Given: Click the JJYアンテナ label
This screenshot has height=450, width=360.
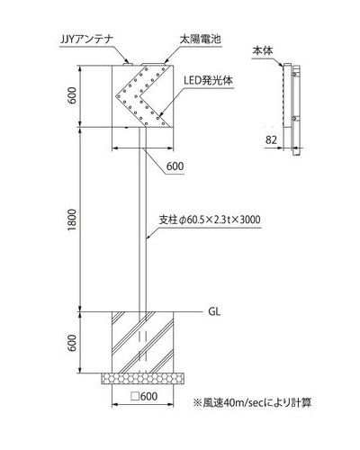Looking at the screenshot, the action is click(85, 40).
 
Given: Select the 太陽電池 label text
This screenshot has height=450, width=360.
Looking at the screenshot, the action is click(201, 40).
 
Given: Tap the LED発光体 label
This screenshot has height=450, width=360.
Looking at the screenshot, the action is click(209, 81).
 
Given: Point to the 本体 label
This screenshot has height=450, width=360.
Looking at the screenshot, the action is click(263, 51).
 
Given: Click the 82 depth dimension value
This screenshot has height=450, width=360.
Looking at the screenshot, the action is click(271, 139).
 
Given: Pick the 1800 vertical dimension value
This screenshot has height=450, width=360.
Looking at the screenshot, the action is click(72, 220).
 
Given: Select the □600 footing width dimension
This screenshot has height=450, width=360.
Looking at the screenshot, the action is click(144, 396).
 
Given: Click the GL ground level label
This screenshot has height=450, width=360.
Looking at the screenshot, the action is click(214, 311).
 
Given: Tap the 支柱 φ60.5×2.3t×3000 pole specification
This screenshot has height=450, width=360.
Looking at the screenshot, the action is click(210, 220).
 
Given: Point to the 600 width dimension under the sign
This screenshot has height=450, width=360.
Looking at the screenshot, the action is click(175, 166).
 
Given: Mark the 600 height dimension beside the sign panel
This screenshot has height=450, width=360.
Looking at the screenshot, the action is click(72, 95).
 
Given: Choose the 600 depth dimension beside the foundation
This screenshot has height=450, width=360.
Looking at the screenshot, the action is click(72, 343).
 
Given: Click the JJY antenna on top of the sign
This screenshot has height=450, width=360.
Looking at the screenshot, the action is click(128, 63).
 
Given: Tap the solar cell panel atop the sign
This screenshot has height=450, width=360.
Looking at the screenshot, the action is click(154, 64).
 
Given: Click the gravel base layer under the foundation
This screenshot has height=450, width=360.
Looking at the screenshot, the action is click(142, 379).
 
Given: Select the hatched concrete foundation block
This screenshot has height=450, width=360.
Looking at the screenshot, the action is click(143, 343).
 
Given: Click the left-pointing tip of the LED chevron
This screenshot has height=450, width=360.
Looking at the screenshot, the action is click(116, 96).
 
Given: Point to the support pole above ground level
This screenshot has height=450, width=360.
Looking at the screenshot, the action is click(143, 220).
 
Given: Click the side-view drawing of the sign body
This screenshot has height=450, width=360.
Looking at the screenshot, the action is click(292, 110).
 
